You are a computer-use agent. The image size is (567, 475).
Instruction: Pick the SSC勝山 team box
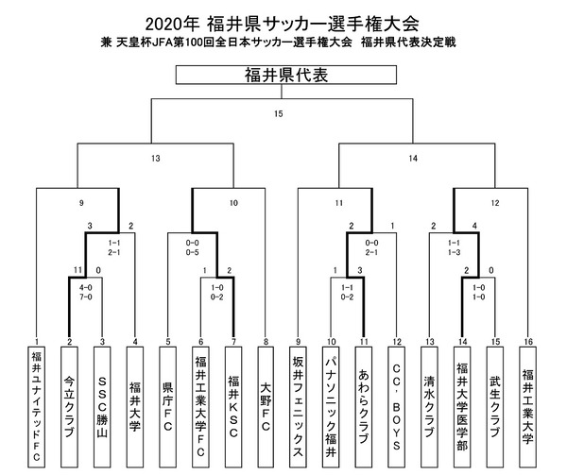click(x=103, y=406)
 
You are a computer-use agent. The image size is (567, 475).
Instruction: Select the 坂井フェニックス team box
click(x=298, y=406)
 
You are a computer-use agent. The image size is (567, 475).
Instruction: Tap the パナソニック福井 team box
click(x=332, y=406)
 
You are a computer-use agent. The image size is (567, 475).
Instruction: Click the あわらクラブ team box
click(x=365, y=406)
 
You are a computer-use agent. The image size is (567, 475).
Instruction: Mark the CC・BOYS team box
click(x=397, y=406)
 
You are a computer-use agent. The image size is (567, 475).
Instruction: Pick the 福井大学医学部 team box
click(x=462, y=406)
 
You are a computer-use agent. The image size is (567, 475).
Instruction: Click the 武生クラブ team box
click(x=494, y=406)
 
